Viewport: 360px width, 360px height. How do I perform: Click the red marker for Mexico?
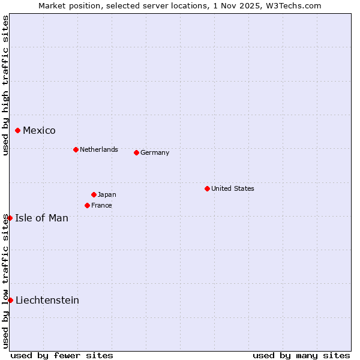pos(18,130)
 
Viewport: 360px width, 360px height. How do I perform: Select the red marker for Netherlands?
pos(76,149)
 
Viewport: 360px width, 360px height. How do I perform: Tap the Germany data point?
pos(136,152)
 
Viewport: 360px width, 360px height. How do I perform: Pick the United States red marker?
pos(207,188)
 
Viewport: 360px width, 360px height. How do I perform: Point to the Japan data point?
pos(94,194)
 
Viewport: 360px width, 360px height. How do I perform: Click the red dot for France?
pos(87,205)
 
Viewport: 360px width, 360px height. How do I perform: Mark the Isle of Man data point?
pos(10,218)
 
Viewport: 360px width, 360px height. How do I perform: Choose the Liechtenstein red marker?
pos(11,300)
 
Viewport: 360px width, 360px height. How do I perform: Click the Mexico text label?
pos(39,131)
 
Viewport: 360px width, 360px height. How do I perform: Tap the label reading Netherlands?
pos(99,149)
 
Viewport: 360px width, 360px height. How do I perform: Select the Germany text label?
pos(155,152)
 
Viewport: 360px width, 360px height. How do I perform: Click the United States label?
pos(233,188)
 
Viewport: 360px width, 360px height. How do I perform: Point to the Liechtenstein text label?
pos(47,300)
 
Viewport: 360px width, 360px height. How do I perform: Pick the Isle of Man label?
pos(41,218)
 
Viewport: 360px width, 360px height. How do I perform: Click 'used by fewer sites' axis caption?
pos(62,355)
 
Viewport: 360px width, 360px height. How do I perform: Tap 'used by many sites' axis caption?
pos(301,355)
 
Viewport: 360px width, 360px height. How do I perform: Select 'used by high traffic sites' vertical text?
pos(5,85)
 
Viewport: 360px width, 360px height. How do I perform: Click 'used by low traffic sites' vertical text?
pos(5,281)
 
